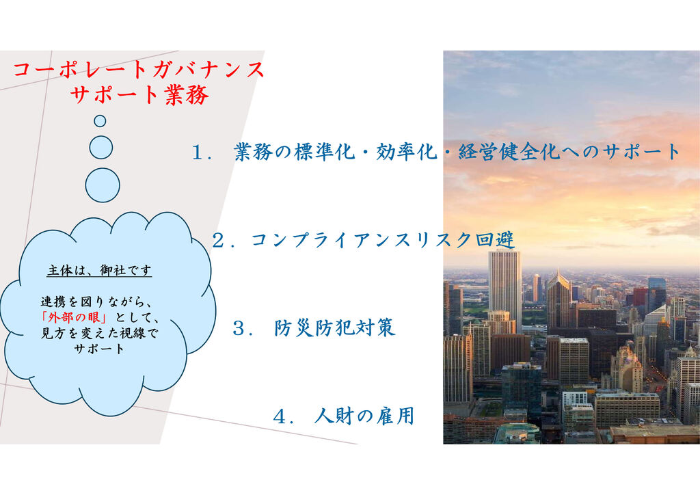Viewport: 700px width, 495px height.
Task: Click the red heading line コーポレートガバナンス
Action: pyautogui.click(x=139, y=70)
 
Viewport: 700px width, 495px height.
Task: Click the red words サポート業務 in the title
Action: pyautogui.click(x=139, y=94)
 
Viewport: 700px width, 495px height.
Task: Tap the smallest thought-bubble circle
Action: pyautogui.click(x=100, y=121)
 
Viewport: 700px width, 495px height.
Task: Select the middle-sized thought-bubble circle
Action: pyautogui.click(x=101, y=148)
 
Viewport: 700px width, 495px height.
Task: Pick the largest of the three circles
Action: pyautogui.click(x=103, y=185)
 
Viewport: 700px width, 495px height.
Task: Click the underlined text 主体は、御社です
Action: pyautogui.click(x=100, y=270)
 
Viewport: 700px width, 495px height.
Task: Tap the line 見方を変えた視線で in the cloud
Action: pyautogui.click(x=100, y=333)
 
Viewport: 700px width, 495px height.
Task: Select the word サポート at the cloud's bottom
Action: pyautogui.click(x=100, y=348)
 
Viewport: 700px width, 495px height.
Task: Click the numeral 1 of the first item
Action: pyautogui.click(x=198, y=153)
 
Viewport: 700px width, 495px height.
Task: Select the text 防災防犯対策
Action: pyautogui.click(x=335, y=328)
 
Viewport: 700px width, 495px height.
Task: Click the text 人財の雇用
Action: pyautogui.click(x=364, y=416)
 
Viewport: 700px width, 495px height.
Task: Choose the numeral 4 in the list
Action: pyautogui.click(x=280, y=417)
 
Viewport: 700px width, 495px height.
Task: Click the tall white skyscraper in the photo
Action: pyautogui.click(x=505, y=290)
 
